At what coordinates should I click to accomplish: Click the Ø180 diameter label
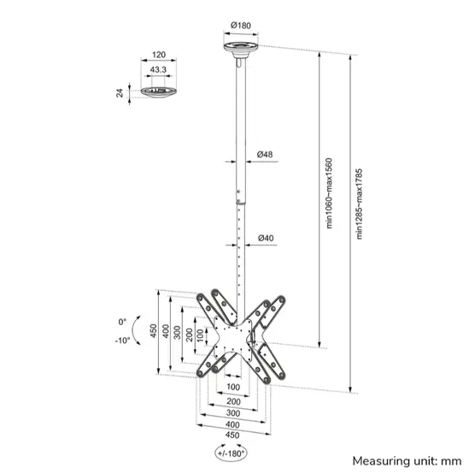(243, 24)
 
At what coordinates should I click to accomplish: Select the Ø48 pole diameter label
(264, 155)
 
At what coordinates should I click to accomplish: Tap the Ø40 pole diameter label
(265, 238)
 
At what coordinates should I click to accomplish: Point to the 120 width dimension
(158, 54)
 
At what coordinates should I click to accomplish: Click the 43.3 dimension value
(158, 69)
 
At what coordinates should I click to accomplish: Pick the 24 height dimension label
(121, 92)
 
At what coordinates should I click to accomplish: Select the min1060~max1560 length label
(328, 193)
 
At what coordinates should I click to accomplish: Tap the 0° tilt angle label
(123, 323)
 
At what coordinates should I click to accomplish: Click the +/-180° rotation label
(229, 453)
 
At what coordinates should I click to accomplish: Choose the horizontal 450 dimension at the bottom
(232, 434)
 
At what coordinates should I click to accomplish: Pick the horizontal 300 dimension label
(232, 412)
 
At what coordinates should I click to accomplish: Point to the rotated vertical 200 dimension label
(189, 331)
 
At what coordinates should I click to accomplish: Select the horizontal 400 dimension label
(232, 424)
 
